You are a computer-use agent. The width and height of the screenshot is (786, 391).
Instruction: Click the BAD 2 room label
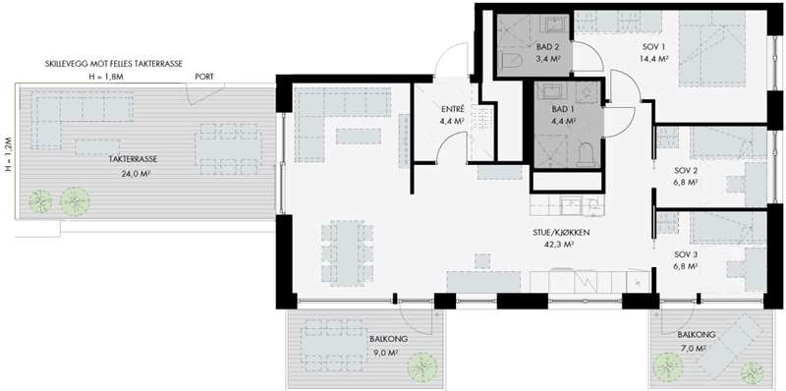click(x=547, y=47)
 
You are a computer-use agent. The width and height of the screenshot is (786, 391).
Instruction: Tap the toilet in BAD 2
click(x=512, y=61)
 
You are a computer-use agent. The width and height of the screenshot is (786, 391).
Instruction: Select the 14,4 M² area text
click(x=653, y=59)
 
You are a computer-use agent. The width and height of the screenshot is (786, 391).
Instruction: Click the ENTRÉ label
click(x=453, y=109)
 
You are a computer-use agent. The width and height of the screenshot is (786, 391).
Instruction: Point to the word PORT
click(x=204, y=77)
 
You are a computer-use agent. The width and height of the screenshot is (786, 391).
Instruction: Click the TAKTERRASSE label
click(x=133, y=159)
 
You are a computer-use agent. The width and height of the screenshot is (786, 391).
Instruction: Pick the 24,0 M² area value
click(x=134, y=174)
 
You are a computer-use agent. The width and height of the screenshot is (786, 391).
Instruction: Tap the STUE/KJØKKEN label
click(x=560, y=233)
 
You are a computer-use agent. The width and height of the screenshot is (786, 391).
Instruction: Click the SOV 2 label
click(x=686, y=170)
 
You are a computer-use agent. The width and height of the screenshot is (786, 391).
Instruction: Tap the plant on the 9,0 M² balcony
click(x=422, y=368)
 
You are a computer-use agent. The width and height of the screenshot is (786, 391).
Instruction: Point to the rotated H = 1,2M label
click(x=7, y=154)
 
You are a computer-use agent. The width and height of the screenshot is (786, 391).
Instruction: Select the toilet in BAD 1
click(x=585, y=155)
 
